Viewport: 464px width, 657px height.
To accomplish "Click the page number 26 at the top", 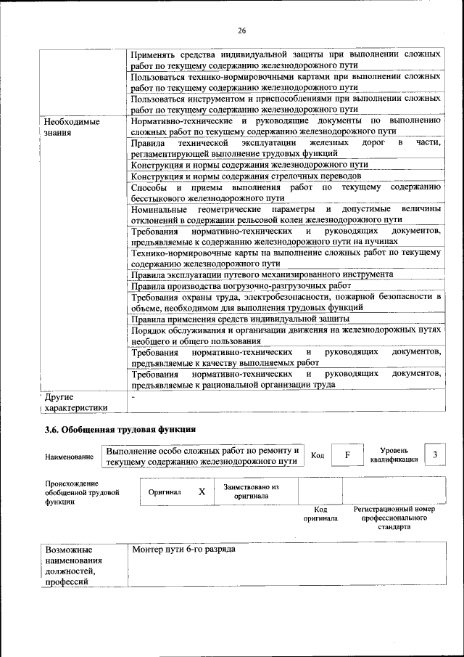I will (x=242, y=30).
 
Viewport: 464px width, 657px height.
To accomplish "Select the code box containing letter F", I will (x=347, y=454).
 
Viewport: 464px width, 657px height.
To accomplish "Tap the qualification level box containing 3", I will (x=435, y=454).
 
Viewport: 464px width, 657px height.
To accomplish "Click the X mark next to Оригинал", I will (x=202, y=491).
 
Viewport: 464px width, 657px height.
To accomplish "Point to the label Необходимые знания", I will (x=72, y=128).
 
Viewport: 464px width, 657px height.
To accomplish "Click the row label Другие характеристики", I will (x=75, y=402).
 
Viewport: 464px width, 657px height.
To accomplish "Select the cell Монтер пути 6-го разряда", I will (x=184, y=550).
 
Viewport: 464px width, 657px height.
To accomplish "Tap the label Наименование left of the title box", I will (x=69, y=457).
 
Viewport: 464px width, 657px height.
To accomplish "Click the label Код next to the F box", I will (x=317, y=455).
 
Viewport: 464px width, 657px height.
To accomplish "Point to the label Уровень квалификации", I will (x=394, y=454).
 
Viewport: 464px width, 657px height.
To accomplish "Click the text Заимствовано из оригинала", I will (x=251, y=491).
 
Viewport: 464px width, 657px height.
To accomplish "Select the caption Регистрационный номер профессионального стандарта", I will (x=394, y=518).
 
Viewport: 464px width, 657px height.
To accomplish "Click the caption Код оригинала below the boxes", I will (x=320, y=514).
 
